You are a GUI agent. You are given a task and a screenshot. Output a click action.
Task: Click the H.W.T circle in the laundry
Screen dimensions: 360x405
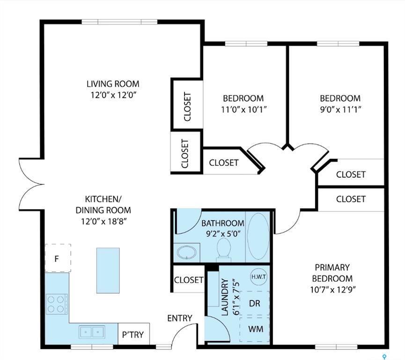(258, 277)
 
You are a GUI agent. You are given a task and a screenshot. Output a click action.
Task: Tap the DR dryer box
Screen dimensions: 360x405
(254, 303)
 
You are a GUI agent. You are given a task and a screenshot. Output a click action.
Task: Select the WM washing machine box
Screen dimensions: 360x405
(255, 329)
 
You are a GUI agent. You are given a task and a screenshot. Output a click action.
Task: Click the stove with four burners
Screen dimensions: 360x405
(57, 303)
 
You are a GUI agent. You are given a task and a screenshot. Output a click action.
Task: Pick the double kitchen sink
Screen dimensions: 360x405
(91, 332)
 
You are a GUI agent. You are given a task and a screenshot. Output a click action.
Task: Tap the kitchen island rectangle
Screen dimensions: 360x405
(108, 270)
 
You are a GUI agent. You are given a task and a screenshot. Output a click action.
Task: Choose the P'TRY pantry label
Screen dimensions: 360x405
(133, 335)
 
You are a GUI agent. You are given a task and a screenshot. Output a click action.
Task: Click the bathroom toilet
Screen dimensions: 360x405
(224, 249)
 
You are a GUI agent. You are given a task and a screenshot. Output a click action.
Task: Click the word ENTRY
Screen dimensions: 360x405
(180, 318)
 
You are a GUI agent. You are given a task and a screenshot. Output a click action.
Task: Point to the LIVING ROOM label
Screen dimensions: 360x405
(113, 84)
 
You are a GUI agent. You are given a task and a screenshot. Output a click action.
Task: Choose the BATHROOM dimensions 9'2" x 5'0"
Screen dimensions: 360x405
(222, 233)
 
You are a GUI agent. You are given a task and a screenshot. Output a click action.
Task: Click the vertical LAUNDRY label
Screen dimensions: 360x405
(225, 297)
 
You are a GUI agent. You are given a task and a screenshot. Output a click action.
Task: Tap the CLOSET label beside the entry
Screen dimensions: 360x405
(189, 280)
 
